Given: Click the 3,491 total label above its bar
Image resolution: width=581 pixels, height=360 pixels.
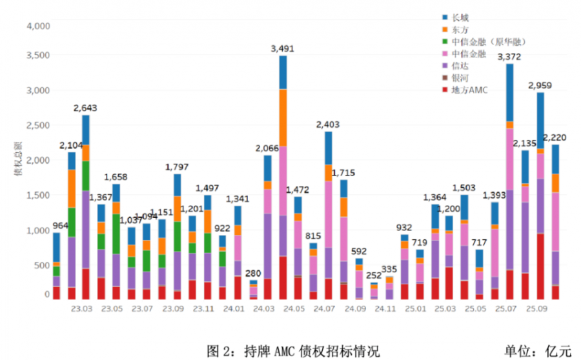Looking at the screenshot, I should pyautogui.click(x=283, y=48).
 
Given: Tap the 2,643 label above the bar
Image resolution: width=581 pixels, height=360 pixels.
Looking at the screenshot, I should pyautogui.click(x=86, y=107).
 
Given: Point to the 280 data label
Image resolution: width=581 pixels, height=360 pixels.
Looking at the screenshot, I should pyautogui.click(x=254, y=274).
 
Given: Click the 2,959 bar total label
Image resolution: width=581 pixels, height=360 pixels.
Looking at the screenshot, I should pyautogui.click(x=540, y=85).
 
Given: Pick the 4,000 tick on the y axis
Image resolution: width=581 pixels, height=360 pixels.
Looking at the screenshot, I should pyautogui.click(x=37, y=26).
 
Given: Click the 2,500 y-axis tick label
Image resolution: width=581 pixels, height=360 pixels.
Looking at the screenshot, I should pyautogui.click(x=37, y=125).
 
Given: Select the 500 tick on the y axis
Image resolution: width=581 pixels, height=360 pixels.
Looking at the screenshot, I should pyautogui.click(x=41, y=265).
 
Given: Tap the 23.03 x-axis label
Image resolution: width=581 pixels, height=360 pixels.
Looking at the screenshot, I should pyautogui.click(x=81, y=309).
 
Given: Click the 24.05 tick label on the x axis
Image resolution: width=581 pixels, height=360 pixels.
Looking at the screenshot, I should pyautogui.click(x=294, y=309).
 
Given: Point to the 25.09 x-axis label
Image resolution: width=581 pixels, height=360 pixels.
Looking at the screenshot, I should pyautogui.click(x=537, y=309).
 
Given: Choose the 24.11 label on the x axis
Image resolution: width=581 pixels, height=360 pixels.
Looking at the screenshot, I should pyautogui.click(x=385, y=309).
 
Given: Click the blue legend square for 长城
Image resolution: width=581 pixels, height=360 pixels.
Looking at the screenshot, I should pyautogui.click(x=445, y=17).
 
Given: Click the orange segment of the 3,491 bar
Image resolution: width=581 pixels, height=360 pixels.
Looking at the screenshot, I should pyautogui.click(x=283, y=117).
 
